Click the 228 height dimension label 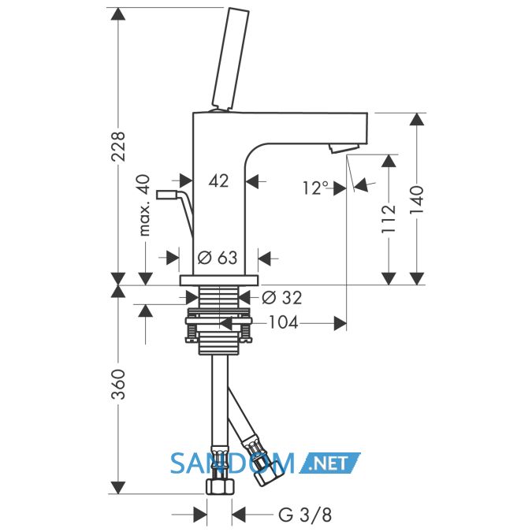119,147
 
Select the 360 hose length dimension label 119,384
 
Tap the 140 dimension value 417,200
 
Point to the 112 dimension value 389,219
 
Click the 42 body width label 218,180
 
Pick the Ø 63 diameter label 218,258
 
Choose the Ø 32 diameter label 282,298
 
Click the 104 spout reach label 284,322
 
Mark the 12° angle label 315,188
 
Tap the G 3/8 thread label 305,515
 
